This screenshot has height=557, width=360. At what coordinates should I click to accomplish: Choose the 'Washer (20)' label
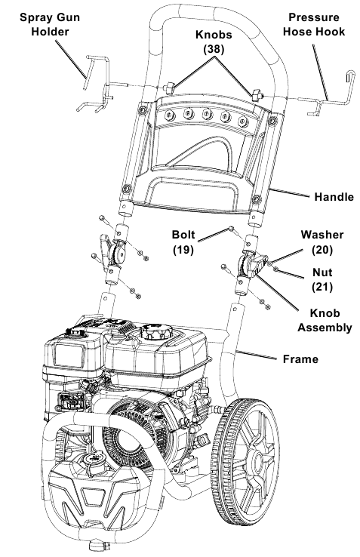pos(322,241)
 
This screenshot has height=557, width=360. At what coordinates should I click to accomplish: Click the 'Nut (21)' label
pos(322,279)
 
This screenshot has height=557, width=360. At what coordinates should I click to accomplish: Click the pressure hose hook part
pos(332,94)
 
